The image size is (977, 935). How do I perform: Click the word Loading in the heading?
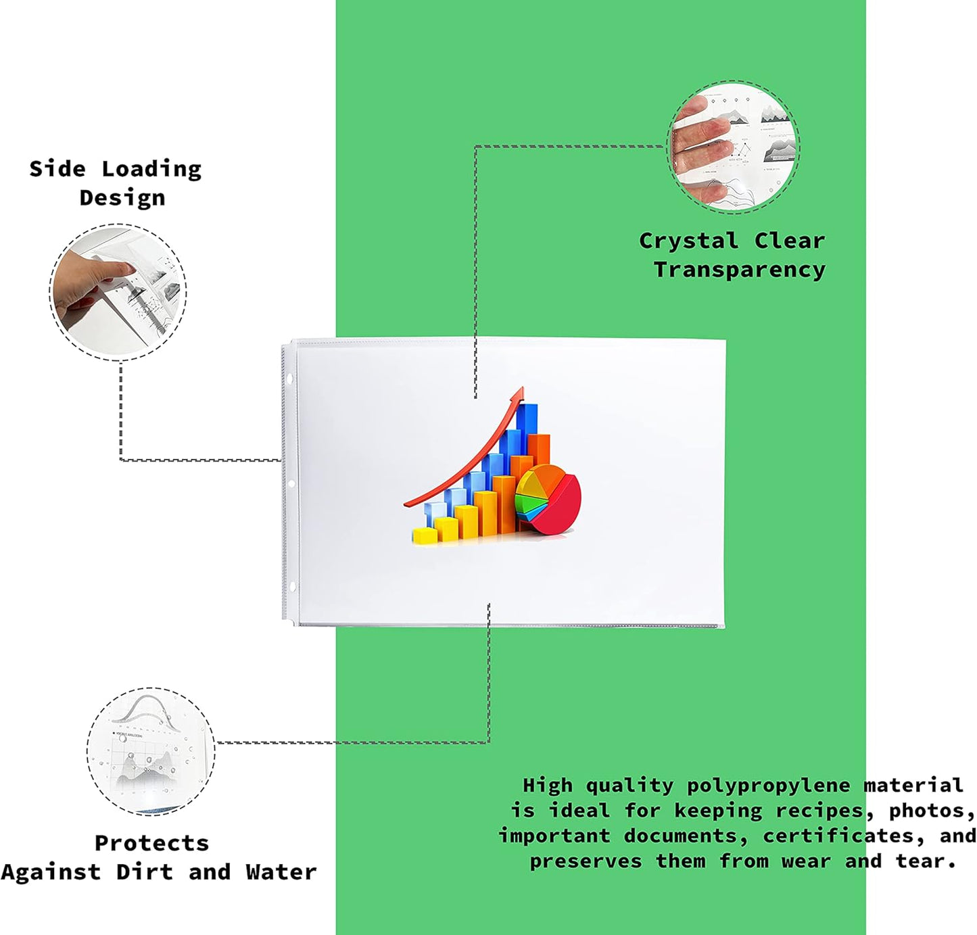[x=151, y=170]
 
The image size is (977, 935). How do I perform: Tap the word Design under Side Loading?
[x=122, y=198]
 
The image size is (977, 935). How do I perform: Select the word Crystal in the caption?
[x=689, y=241]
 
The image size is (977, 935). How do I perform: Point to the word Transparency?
[x=740, y=270]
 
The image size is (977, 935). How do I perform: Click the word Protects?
[x=151, y=843]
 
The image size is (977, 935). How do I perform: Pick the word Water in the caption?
[x=281, y=872]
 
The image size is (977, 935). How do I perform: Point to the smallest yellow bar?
[x=425, y=535]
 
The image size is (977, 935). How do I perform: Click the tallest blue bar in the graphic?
[x=526, y=427]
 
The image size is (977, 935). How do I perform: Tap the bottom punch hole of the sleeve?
[x=291, y=587]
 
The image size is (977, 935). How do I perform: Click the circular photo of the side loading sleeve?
[x=118, y=292]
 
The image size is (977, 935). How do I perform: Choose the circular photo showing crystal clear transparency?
[x=733, y=147]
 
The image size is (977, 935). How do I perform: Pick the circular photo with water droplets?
[x=151, y=750]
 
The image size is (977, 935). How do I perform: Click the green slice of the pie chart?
[x=531, y=502]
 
